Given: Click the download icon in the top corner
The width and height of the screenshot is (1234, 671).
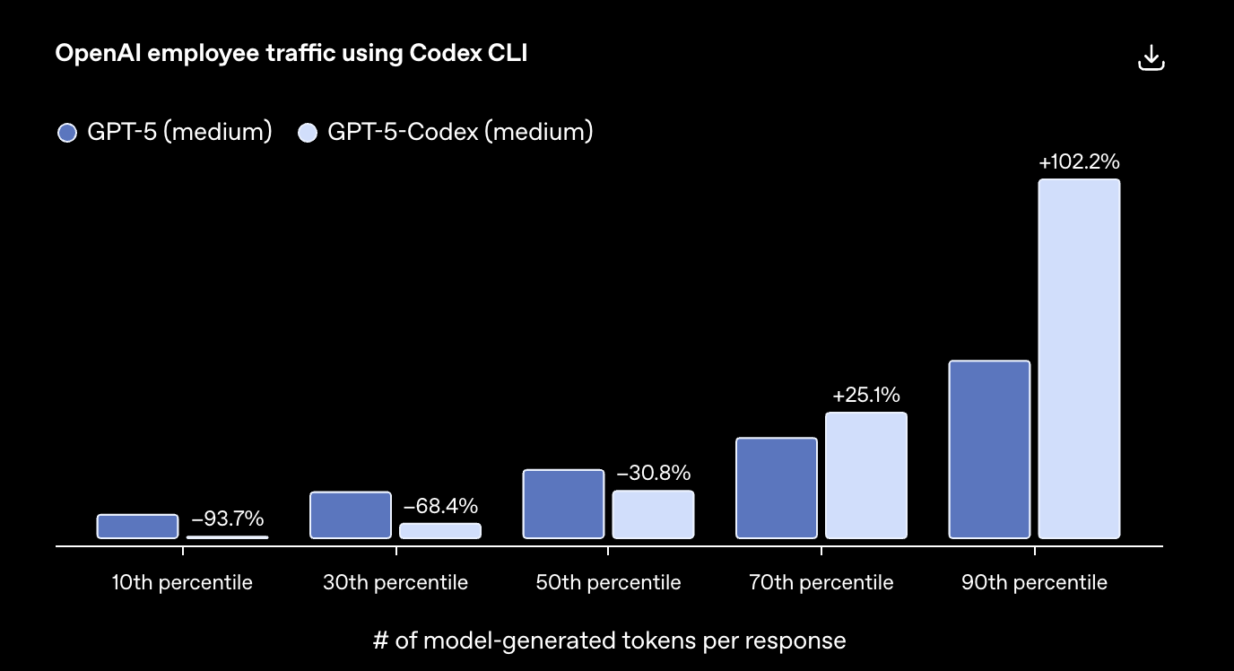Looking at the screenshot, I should (x=1151, y=58).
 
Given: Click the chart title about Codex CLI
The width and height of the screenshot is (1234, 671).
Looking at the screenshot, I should (x=291, y=54).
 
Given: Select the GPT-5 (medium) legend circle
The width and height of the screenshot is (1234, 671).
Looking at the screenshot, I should (x=67, y=133).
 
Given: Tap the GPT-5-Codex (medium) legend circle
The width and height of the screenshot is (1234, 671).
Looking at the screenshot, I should (x=308, y=133).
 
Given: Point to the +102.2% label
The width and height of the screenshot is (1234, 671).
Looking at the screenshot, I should (x=1079, y=162).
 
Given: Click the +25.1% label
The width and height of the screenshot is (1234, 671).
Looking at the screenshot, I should (x=865, y=396).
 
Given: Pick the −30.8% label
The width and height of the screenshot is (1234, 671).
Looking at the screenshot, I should (x=653, y=473).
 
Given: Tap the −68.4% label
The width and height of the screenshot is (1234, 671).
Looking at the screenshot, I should (x=440, y=506).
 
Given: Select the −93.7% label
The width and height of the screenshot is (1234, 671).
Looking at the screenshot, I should (x=227, y=518).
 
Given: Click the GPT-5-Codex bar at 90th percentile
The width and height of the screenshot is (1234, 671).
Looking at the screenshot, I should (x=1079, y=359).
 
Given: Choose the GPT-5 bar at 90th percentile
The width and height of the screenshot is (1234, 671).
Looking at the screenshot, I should (x=989, y=449).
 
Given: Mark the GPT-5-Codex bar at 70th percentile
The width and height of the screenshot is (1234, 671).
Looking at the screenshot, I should (x=865, y=475).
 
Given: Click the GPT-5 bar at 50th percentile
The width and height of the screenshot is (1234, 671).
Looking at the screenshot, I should (x=563, y=503).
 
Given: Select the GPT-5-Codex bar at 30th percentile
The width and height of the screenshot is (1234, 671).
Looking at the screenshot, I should (x=440, y=531).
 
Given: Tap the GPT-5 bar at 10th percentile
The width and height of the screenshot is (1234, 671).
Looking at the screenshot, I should (x=137, y=527).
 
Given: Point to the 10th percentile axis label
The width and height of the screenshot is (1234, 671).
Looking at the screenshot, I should (x=182, y=583).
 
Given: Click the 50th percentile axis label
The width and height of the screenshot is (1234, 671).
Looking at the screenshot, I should (x=608, y=583).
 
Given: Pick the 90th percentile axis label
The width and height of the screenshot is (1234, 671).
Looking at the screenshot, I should (x=1034, y=583).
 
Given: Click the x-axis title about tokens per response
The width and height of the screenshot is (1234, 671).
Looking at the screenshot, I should (x=609, y=640).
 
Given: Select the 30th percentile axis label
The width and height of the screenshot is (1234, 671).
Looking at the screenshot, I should (x=395, y=583).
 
